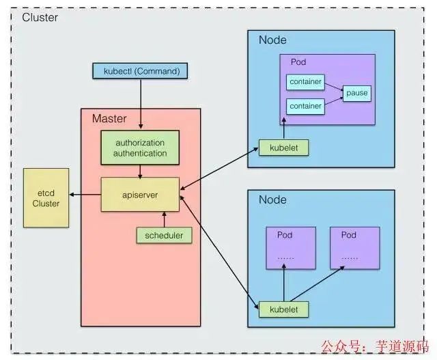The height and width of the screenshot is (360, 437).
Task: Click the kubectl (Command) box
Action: click(x=139, y=70)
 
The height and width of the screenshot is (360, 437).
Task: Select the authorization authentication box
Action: click(x=141, y=148)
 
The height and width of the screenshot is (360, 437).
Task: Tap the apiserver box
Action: click(x=141, y=195)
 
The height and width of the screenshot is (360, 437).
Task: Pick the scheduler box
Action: click(x=164, y=236)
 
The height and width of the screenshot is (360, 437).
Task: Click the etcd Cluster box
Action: click(x=46, y=197)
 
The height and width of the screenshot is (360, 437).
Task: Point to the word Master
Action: click(x=109, y=118)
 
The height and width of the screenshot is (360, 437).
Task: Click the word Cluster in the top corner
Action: click(x=40, y=17)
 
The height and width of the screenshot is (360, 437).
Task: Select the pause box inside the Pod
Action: click(x=356, y=93)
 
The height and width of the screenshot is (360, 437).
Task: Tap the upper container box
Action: click(x=304, y=82)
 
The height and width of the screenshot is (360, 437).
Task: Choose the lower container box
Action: click(x=304, y=106)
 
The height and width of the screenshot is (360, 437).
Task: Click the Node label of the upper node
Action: click(x=272, y=40)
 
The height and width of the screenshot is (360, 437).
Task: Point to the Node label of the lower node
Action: click(x=272, y=200)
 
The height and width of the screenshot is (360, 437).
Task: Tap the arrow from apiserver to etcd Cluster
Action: click(x=85, y=195)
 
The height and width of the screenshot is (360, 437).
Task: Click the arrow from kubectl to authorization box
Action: click(x=140, y=102)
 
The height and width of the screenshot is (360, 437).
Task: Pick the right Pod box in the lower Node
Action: click(x=353, y=247)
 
